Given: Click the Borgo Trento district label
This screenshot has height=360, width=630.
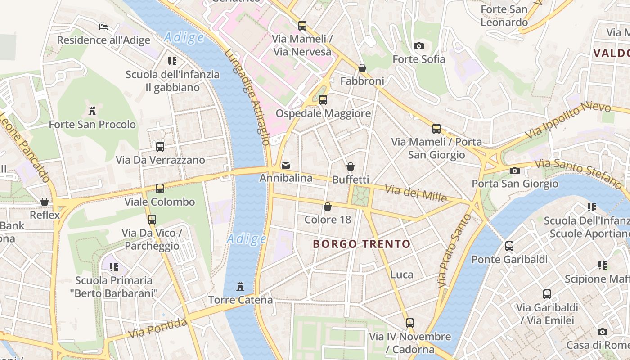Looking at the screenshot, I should click(x=362, y=244).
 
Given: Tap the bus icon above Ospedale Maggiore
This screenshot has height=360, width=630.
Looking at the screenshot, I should click(x=323, y=100).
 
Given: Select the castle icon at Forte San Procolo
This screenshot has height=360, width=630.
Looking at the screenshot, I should click(x=92, y=111).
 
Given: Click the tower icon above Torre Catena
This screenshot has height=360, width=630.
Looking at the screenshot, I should click(x=240, y=286).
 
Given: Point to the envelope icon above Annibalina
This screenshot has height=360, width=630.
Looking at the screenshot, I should click(x=286, y=165).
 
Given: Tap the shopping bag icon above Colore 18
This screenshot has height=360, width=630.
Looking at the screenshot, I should click(x=328, y=207).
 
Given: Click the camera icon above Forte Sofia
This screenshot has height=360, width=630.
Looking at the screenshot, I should click(x=419, y=46).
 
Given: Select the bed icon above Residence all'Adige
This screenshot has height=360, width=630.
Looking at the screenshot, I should click(x=103, y=27).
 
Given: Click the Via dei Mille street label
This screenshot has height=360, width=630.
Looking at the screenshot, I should click(x=416, y=194).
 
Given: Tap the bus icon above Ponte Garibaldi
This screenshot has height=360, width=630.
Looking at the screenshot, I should click(x=509, y=246).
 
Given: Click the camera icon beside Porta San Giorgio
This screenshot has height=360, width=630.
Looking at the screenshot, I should click(x=515, y=171).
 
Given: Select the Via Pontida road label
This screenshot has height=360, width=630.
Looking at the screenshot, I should click(x=157, y=328).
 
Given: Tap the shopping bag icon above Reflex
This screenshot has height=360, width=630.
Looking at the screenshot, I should click(x=45, y=202).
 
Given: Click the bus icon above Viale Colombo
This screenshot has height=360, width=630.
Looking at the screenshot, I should click(x=160, y=188).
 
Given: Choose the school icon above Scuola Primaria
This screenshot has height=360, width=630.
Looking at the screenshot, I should click(x=114, y=267).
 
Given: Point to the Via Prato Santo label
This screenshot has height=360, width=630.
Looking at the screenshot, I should click(x=454, y=251).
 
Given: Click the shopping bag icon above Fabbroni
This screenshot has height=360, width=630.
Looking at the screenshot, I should click(x=362, y=68).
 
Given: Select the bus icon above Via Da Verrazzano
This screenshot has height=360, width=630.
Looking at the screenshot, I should click(x=160, y=146).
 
